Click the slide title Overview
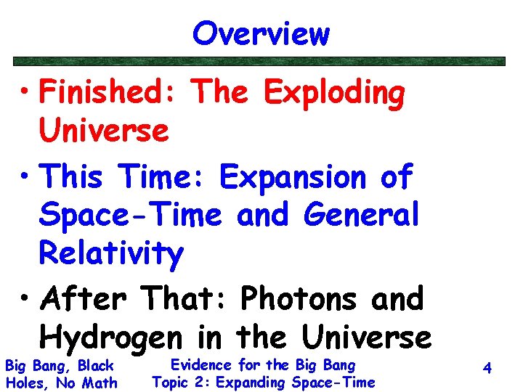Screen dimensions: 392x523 tap(261, 33)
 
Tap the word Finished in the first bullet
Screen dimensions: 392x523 tap(109, 93)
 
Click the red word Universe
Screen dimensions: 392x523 tap(104, 131)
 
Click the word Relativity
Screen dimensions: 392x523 tap(111, 253)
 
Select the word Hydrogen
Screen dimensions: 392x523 tap(112, 338)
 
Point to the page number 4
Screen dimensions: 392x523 tap(487, 369)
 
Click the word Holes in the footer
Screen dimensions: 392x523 tap(23, 383)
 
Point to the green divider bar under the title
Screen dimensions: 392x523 tap(261, 62)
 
